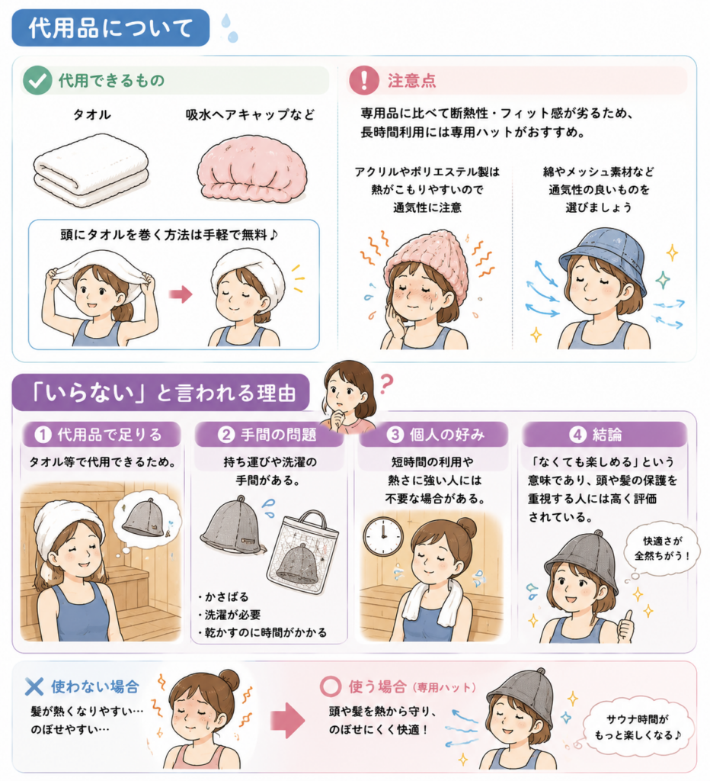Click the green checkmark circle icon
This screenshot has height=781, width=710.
click(37, 80)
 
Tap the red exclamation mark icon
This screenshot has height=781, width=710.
click(363, 80)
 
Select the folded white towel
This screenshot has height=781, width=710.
click(91, 170)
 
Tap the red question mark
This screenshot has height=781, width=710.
click(386, 384)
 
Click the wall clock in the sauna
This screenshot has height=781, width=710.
click(382, 536)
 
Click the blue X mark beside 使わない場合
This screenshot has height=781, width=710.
click(34, 687)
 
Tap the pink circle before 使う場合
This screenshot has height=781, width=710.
click(331, 686)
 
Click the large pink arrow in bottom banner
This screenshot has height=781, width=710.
click(288, 720)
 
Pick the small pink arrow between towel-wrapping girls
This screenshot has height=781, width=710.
click(181, 294)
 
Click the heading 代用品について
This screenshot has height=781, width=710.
click(110, 27)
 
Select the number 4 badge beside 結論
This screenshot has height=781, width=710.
click(577, 435)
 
